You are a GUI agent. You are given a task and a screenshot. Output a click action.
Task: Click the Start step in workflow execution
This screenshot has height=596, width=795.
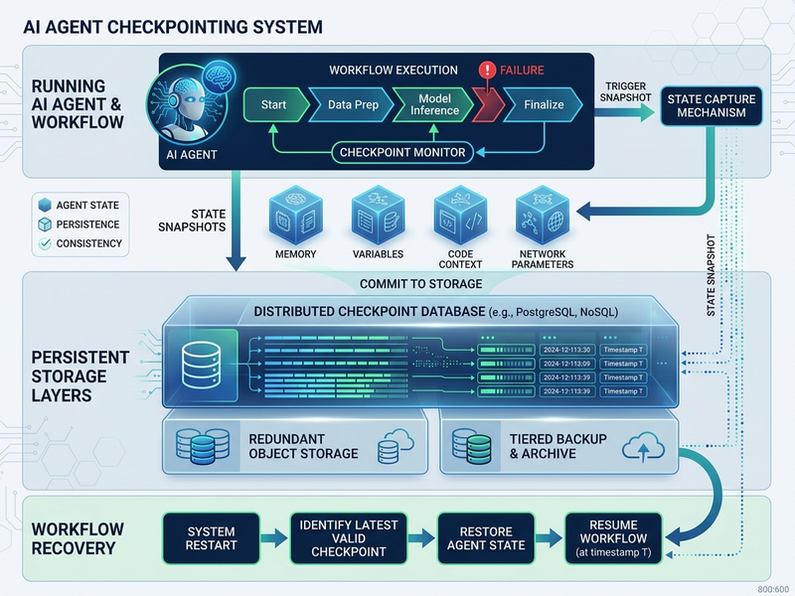pos(273,104)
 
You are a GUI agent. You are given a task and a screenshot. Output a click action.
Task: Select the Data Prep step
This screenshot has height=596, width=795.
pos(351,104)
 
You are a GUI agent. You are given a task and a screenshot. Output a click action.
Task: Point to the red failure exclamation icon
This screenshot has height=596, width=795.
pos(487,71)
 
